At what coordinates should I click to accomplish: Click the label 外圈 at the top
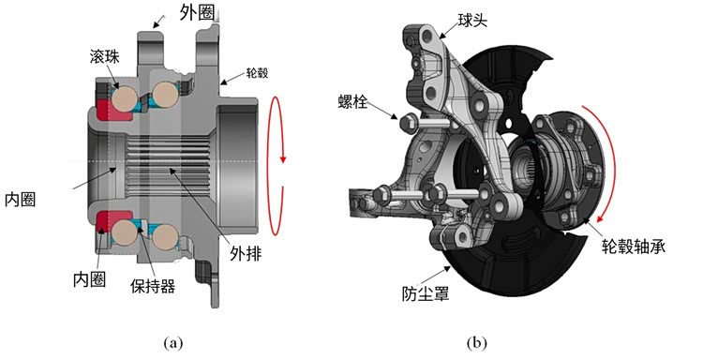197,12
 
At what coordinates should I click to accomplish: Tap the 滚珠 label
104,57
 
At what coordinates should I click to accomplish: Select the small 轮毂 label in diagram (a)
257,73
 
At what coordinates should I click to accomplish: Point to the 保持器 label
153,286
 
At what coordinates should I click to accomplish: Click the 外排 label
246,254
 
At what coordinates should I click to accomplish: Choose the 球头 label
472,21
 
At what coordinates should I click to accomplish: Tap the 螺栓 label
352,102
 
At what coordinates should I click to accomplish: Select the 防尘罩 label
425,293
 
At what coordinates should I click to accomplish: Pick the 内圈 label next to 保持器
89,278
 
